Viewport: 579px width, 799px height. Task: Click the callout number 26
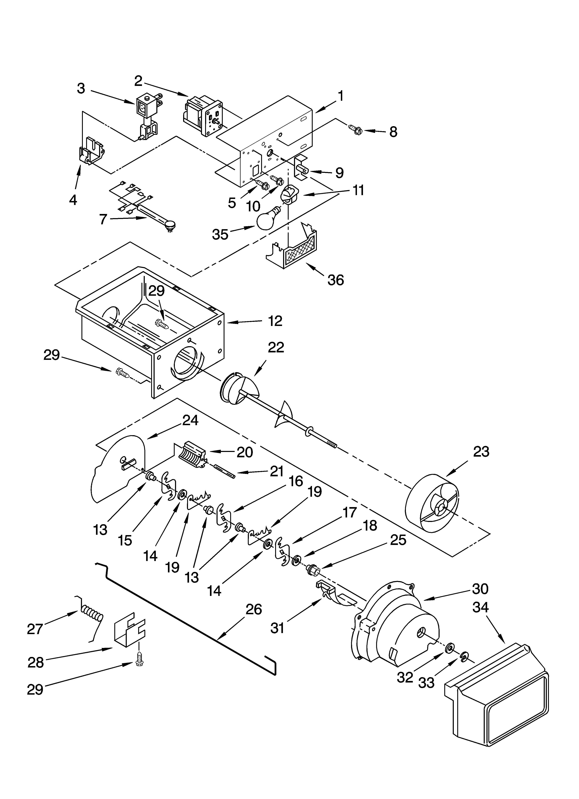(x=254, y=609)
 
